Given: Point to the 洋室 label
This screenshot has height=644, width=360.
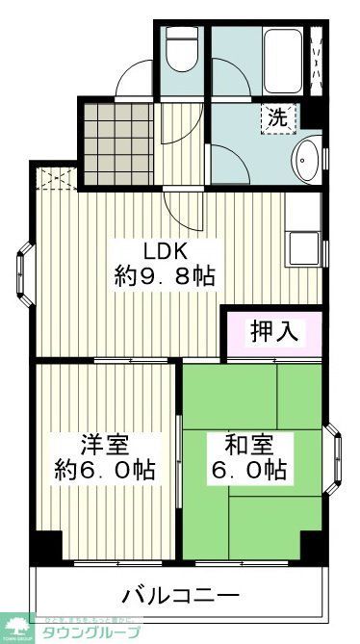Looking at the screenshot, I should click(x=106, y=446).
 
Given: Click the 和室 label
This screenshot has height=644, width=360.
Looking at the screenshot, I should click(x=249, y=446).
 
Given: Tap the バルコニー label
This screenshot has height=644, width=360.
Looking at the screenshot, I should click(x=180, y=591).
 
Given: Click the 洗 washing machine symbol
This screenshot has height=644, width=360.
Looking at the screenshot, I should click(x=277, y=119).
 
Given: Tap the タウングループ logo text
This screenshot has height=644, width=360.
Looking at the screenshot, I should click(x=96, y=632).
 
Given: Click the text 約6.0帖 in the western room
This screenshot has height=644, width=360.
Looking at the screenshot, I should click(x=106, y=472).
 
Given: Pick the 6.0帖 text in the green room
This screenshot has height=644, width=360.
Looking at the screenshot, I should click(x=249, y=472).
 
